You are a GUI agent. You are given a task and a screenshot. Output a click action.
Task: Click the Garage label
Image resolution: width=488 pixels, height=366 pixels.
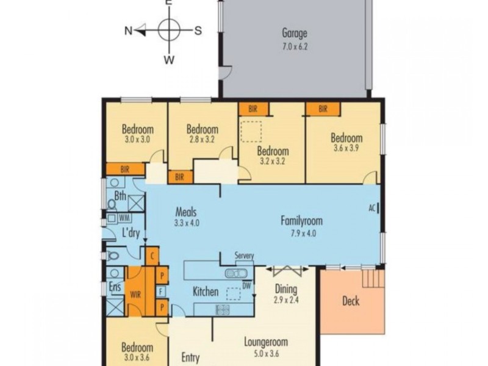pyautogui.click(x=294, y=34)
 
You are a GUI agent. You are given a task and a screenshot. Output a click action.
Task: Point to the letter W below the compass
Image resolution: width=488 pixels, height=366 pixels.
pyautogui.click(x=169, y=59)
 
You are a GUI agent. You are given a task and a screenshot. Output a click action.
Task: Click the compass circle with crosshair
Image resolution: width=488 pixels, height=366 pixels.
pyautogui.click(x=169, y=30)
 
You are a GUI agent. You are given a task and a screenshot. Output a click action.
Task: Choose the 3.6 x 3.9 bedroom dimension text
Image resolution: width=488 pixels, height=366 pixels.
pyautogui.click(x=346, y=148)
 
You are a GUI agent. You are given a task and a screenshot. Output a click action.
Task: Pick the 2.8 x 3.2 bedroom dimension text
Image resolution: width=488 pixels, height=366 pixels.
pyautogui.click(x=202, y=139)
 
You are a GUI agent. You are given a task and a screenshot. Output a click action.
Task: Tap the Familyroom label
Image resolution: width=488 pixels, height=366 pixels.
pyautogui.click(x=301, y=221)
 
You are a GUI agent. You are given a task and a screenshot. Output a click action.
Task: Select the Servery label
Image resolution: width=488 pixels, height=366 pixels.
pyautogui.click(x=244, y=256)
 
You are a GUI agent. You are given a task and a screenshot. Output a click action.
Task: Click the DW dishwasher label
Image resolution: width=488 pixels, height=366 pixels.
pyautogui.click(x=247, y=285)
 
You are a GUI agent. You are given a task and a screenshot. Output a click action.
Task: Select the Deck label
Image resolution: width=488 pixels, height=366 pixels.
pyautogui.click(x=350, y=301)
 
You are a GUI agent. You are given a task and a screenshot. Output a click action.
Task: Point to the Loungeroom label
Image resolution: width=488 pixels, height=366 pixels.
pyautogui.click(x=265, y=342)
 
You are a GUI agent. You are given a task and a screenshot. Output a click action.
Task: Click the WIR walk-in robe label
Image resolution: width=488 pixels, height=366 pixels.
pyautogui.click(x=136, y=294)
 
